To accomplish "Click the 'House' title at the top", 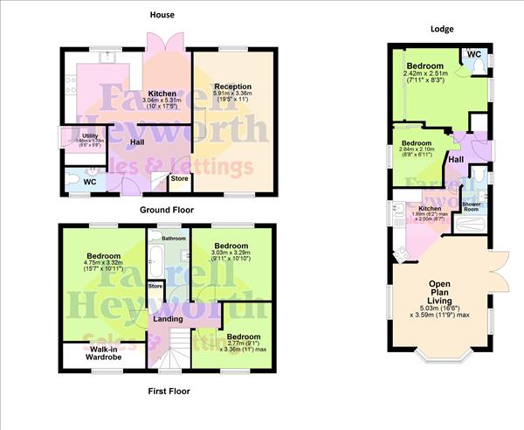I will (162, 15).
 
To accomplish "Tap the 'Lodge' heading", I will (443, 28).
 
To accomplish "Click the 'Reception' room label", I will (232, 87).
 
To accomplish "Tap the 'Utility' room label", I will (90, 135).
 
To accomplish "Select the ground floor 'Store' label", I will (179, 178).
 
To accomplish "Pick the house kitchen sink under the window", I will (106, 58).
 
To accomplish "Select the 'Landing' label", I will (168, 318).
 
